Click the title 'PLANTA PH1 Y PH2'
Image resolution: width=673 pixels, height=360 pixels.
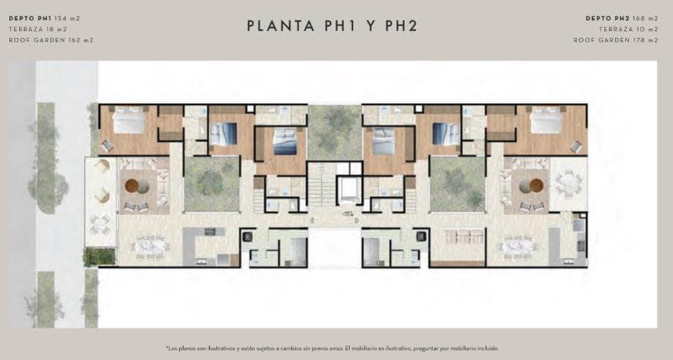click(332, 26)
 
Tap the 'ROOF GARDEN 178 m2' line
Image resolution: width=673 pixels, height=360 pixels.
click(615, 40)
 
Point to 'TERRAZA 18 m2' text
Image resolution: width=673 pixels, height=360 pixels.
click(38, 29)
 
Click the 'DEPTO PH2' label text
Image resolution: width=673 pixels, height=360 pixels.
click(607, 18)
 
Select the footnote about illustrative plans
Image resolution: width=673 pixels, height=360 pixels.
click(332, 348)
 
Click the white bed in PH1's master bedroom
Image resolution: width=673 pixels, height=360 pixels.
click(129, 120)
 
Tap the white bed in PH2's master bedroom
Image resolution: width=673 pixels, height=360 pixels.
click(546, 120)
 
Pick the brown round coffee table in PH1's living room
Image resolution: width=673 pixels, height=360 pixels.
click(132, 185)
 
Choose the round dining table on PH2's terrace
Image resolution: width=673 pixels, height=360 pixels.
click(568, 184)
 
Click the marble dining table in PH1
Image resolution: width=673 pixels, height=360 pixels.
click(150, 247)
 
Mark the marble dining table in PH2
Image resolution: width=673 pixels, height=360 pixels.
click(518, 247)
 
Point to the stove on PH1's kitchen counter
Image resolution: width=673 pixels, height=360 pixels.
click(210, 231)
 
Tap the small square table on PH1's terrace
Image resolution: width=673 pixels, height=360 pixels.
click(100, 225)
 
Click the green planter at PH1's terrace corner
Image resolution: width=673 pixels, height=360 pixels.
click(100, 257)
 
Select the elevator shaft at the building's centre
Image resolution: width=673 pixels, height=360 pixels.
click(349, 190)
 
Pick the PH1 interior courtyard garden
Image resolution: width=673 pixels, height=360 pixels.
click(211, 184)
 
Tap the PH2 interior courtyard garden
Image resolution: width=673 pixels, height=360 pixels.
click(457, 184)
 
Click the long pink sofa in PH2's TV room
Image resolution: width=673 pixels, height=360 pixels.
click(457, 236)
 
